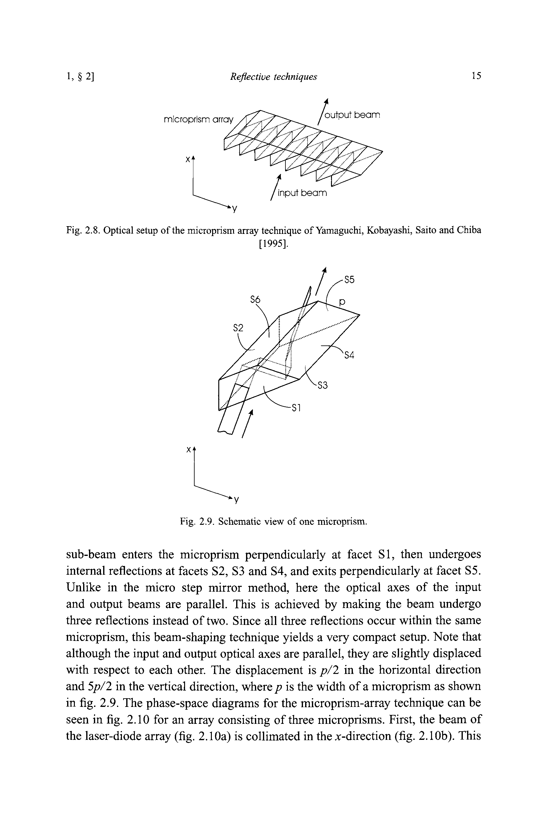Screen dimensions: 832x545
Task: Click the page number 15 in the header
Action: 476,75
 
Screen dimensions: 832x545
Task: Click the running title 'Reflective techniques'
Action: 273,76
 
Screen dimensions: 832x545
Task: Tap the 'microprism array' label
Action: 198,120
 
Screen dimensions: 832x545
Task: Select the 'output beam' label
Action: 352,115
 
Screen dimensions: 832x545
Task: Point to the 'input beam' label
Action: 302,193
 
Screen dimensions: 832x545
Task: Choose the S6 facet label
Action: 255,300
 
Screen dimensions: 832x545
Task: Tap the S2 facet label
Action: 238,328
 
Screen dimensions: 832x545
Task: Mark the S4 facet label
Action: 349,356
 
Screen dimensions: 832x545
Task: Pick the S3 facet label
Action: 323,385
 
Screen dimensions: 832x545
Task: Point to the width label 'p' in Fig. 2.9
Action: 342,303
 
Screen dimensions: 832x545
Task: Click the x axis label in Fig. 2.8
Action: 188,159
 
